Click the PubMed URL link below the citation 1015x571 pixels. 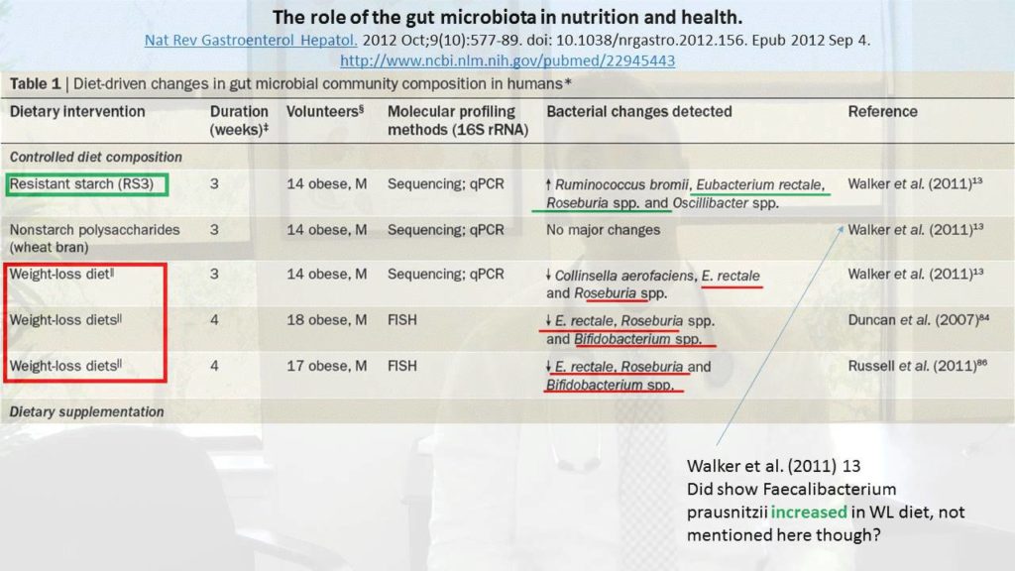(507, 60)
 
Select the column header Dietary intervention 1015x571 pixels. (77, 112)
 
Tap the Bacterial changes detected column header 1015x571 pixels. (638, 112)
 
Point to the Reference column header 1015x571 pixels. (882, 112)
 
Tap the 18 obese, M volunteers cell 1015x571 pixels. (326, 320)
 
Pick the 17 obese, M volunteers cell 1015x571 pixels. (326, 366)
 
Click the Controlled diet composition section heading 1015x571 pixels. (96, 157)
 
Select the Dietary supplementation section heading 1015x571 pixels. (87, 411)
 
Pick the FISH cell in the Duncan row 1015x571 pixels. (403, 320)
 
